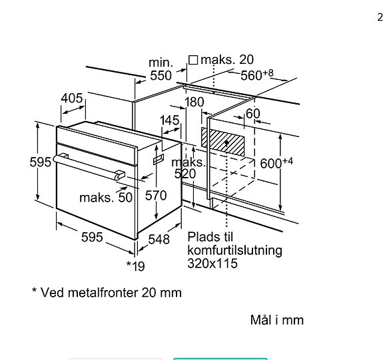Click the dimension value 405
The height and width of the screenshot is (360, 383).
pos(71,98)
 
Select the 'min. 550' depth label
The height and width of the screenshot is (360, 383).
pos(160,69)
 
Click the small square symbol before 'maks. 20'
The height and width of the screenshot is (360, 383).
pos(193,60)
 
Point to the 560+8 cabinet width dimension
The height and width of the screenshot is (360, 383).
pos(257,75)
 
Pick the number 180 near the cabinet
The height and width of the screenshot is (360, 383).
pos(194,102)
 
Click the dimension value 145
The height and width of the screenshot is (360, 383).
pos(170,120)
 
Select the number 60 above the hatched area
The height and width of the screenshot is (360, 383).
pos(252,114)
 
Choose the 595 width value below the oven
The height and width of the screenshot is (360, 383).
pos(91,237)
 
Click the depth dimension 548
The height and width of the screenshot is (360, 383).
pos(159,239)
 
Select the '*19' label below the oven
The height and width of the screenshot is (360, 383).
pos(135,266)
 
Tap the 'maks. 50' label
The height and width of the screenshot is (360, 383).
pos(106,198)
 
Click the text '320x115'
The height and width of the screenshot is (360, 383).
pos(212,264)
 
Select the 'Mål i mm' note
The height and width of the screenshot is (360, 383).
pos(276,320)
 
